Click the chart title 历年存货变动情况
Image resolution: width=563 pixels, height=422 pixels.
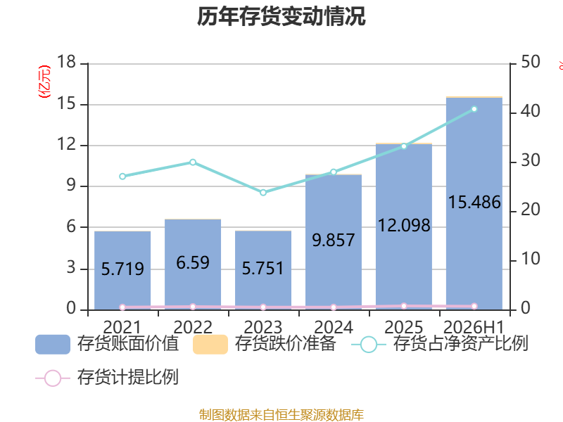tap(281, 16)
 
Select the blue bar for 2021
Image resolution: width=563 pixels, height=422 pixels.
tap(122, 271)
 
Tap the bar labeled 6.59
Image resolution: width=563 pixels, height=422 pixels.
tap(193, 264)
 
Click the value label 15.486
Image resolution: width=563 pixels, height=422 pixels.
tap(474, 202)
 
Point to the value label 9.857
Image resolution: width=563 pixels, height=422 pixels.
tap(334, 240)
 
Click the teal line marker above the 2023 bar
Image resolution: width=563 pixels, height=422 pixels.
tap(263, 193)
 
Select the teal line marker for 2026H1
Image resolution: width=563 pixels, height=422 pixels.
tap(474, 109)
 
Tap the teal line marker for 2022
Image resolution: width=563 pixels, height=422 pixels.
tap(193, 162)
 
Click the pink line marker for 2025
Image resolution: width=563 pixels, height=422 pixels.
tap(404, 306)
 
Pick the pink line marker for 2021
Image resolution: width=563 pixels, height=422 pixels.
tap(122, 307)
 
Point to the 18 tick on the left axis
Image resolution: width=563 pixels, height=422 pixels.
tap(66, 62)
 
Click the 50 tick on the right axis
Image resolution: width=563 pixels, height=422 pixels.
tap(531, 62)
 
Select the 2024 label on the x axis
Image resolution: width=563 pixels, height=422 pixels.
tap(334, 327)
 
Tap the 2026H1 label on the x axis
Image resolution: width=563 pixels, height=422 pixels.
tap(474, 327)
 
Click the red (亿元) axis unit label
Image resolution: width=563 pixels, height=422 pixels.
tap(44, 82)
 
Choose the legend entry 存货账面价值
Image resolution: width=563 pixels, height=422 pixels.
tap(107, 344)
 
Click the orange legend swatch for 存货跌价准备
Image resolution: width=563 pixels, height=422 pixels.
tap(210, 345)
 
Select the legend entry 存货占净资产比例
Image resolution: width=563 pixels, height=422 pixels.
tap(439, 344)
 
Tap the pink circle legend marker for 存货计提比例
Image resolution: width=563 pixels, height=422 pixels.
tap(53, 378)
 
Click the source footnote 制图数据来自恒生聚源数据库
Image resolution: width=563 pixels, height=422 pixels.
tap(281, 414)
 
